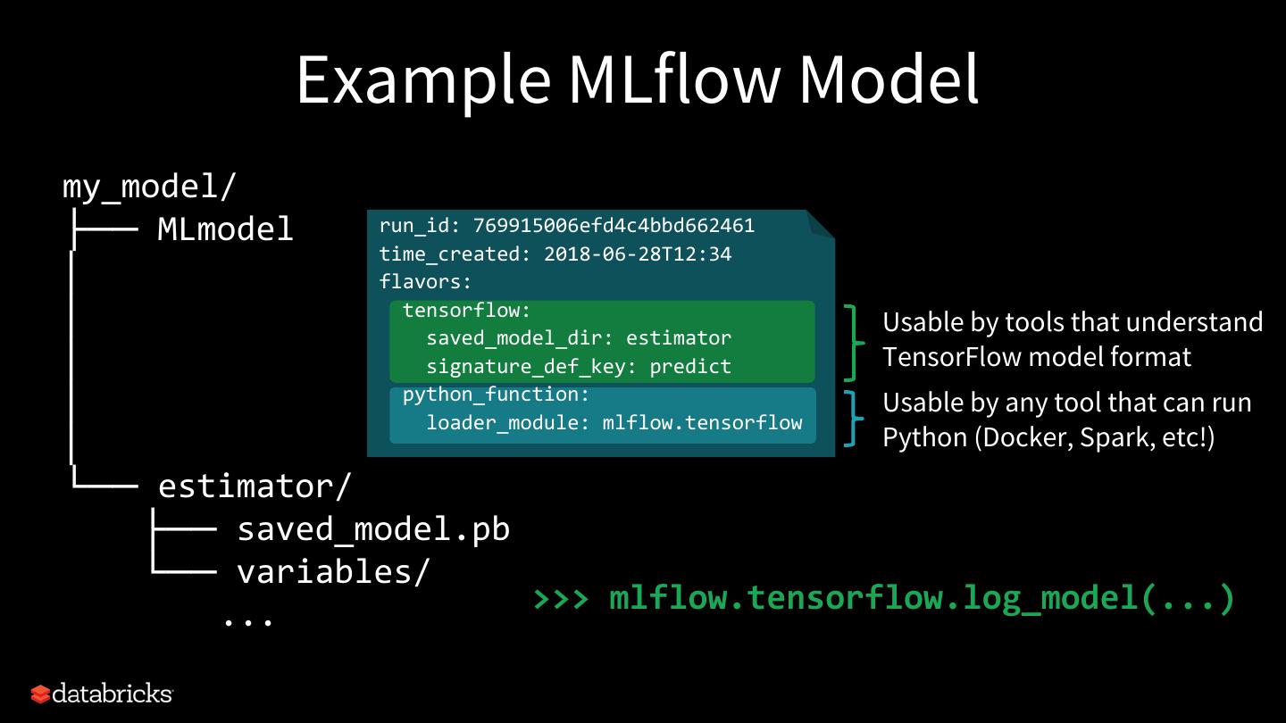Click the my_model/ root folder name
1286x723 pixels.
[x=149, y=187]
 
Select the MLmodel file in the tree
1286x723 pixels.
[x=225, y=229]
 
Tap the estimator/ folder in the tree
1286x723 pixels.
[x=255, y=486]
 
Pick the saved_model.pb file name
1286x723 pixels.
[x=373, y=529]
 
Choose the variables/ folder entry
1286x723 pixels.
[x=333, y=571]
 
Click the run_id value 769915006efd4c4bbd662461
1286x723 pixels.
[x=614, y=225]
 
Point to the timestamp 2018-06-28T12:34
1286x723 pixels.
[x=637, y=254]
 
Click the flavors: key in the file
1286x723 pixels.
[x=425, y=282]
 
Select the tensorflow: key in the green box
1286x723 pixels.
[x=466, y=311]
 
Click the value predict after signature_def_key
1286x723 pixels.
[x=689, y=366]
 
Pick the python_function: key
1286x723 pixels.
[x=496, y=395]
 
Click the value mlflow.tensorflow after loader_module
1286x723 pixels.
[x=702, y=422]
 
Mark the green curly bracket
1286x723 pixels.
[x=855, y=343]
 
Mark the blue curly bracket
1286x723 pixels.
[x=855, y=419]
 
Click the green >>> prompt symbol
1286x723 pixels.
[x=561, y=597]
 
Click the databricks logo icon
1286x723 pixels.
[x=41, y=694]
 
